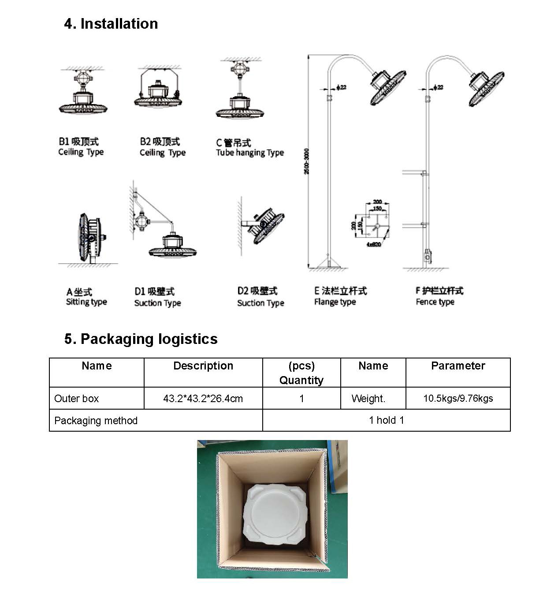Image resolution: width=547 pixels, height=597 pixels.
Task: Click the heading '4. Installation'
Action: click(x=111, y=24)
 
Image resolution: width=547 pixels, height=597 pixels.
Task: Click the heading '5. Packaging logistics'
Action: click(x=141, y=339)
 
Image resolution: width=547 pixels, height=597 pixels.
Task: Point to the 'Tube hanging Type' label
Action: click(x=249, y=153)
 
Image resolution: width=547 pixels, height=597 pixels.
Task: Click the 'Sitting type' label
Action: click(x=86, y=302)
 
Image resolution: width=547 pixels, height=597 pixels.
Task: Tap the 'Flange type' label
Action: click(x=335, y=302)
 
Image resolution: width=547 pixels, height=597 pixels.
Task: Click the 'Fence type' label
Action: click(x=435, y=302)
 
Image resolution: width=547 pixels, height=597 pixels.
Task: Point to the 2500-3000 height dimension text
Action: click(x=307, y=161)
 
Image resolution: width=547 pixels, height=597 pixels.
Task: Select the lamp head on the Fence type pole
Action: click(x=485, y=87)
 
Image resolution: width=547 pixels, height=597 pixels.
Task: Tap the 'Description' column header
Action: click(x=203, y=366)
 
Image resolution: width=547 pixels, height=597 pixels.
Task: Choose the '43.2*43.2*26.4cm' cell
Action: click(x=203, y=399)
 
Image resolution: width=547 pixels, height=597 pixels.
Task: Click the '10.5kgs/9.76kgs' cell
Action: click(x=458, y=399)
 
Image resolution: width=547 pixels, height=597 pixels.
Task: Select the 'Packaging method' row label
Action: click(x=96, y=421)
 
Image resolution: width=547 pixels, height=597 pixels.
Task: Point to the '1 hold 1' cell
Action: click(x=386, y=421)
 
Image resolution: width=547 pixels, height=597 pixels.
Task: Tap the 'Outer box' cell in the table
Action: click(x=76, y=399)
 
